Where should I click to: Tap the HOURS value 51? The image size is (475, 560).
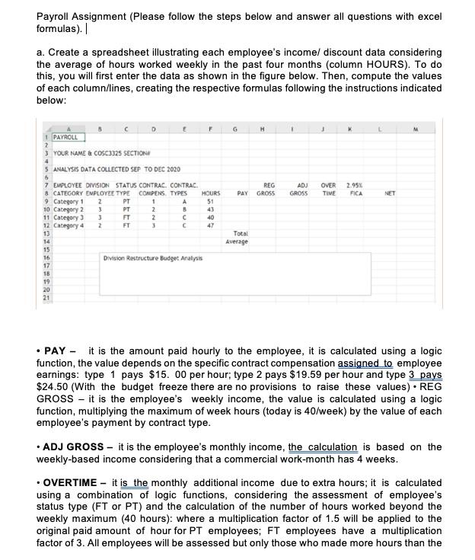(211, 201)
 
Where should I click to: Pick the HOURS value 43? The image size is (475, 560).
(211, 210)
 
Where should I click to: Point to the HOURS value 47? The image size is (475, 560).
(211, 226)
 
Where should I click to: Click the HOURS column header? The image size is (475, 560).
(210, 194)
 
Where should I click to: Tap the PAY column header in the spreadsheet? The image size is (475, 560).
(243, 194)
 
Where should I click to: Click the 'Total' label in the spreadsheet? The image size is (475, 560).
(241, 233)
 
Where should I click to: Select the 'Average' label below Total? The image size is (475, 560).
(238, 242)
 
